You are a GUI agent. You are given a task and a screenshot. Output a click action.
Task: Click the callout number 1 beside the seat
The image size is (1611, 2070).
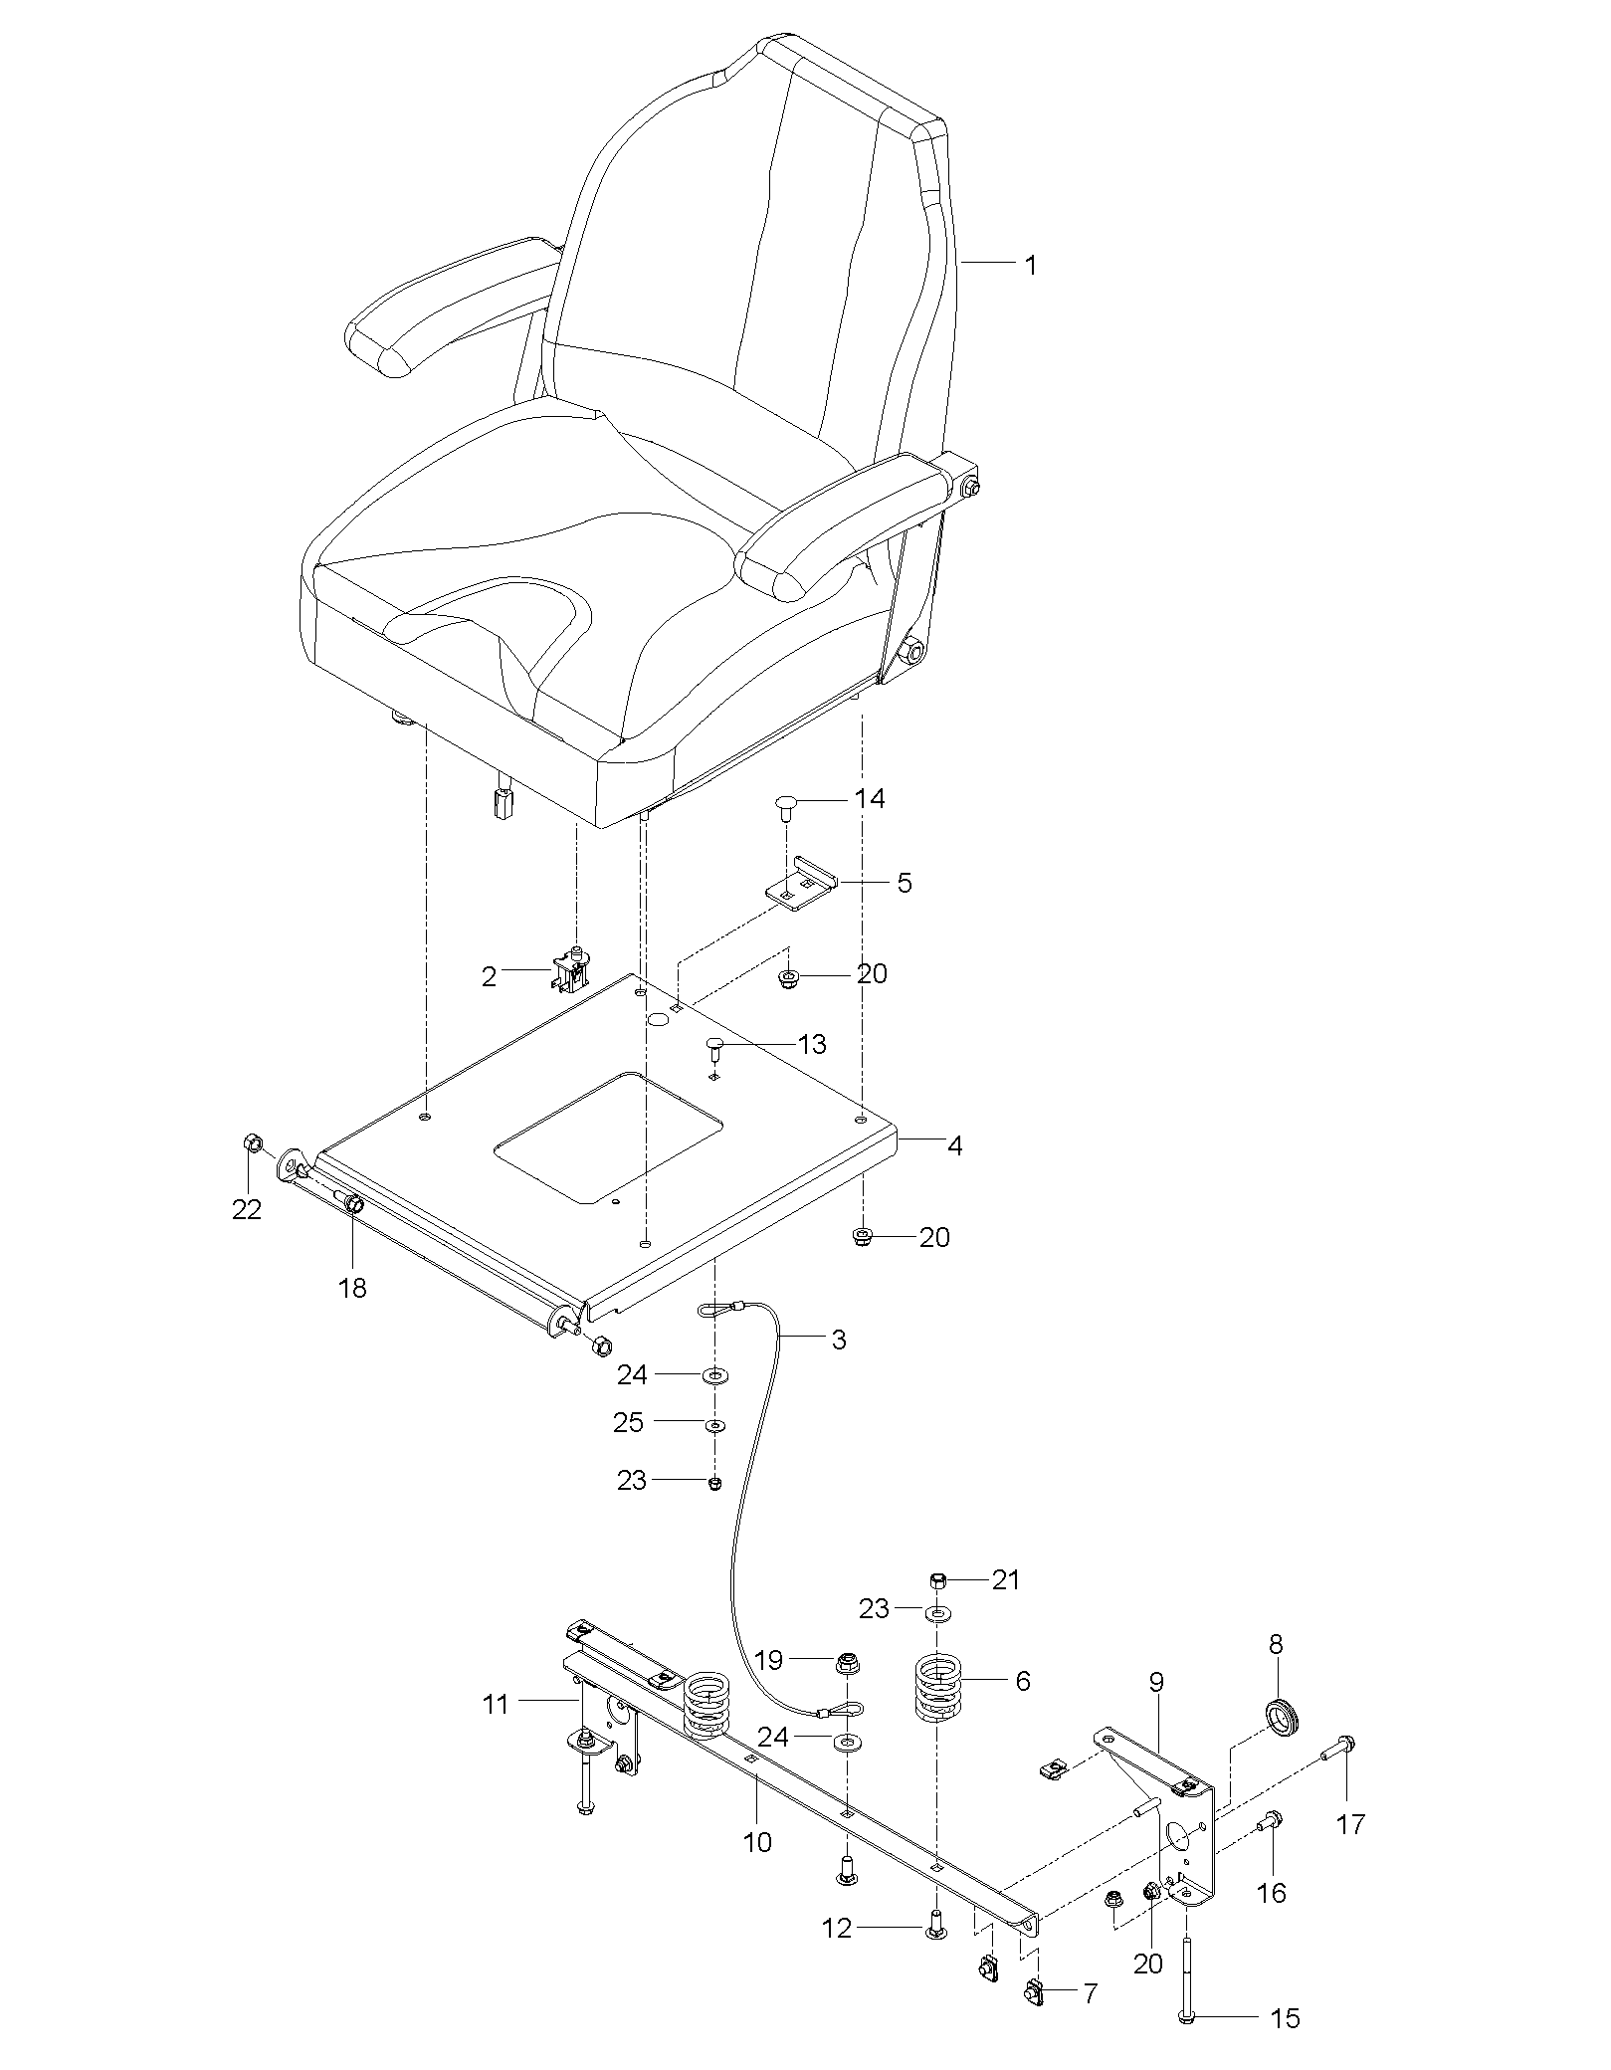(1031, 266)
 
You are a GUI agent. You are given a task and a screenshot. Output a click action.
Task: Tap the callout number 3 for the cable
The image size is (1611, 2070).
(839, 1340)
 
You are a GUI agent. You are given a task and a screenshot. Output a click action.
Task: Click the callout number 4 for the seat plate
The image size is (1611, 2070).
(954, 1145)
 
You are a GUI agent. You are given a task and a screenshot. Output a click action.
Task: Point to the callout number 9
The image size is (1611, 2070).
(1155, 1682)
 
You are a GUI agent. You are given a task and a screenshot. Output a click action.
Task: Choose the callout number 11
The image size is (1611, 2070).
(495, 1704)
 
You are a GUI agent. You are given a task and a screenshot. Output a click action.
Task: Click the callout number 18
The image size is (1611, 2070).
(352, 1288)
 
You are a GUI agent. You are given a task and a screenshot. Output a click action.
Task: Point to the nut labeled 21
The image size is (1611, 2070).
(937, 1578)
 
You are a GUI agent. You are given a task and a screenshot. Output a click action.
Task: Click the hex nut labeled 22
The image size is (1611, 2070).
(253, 1142)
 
